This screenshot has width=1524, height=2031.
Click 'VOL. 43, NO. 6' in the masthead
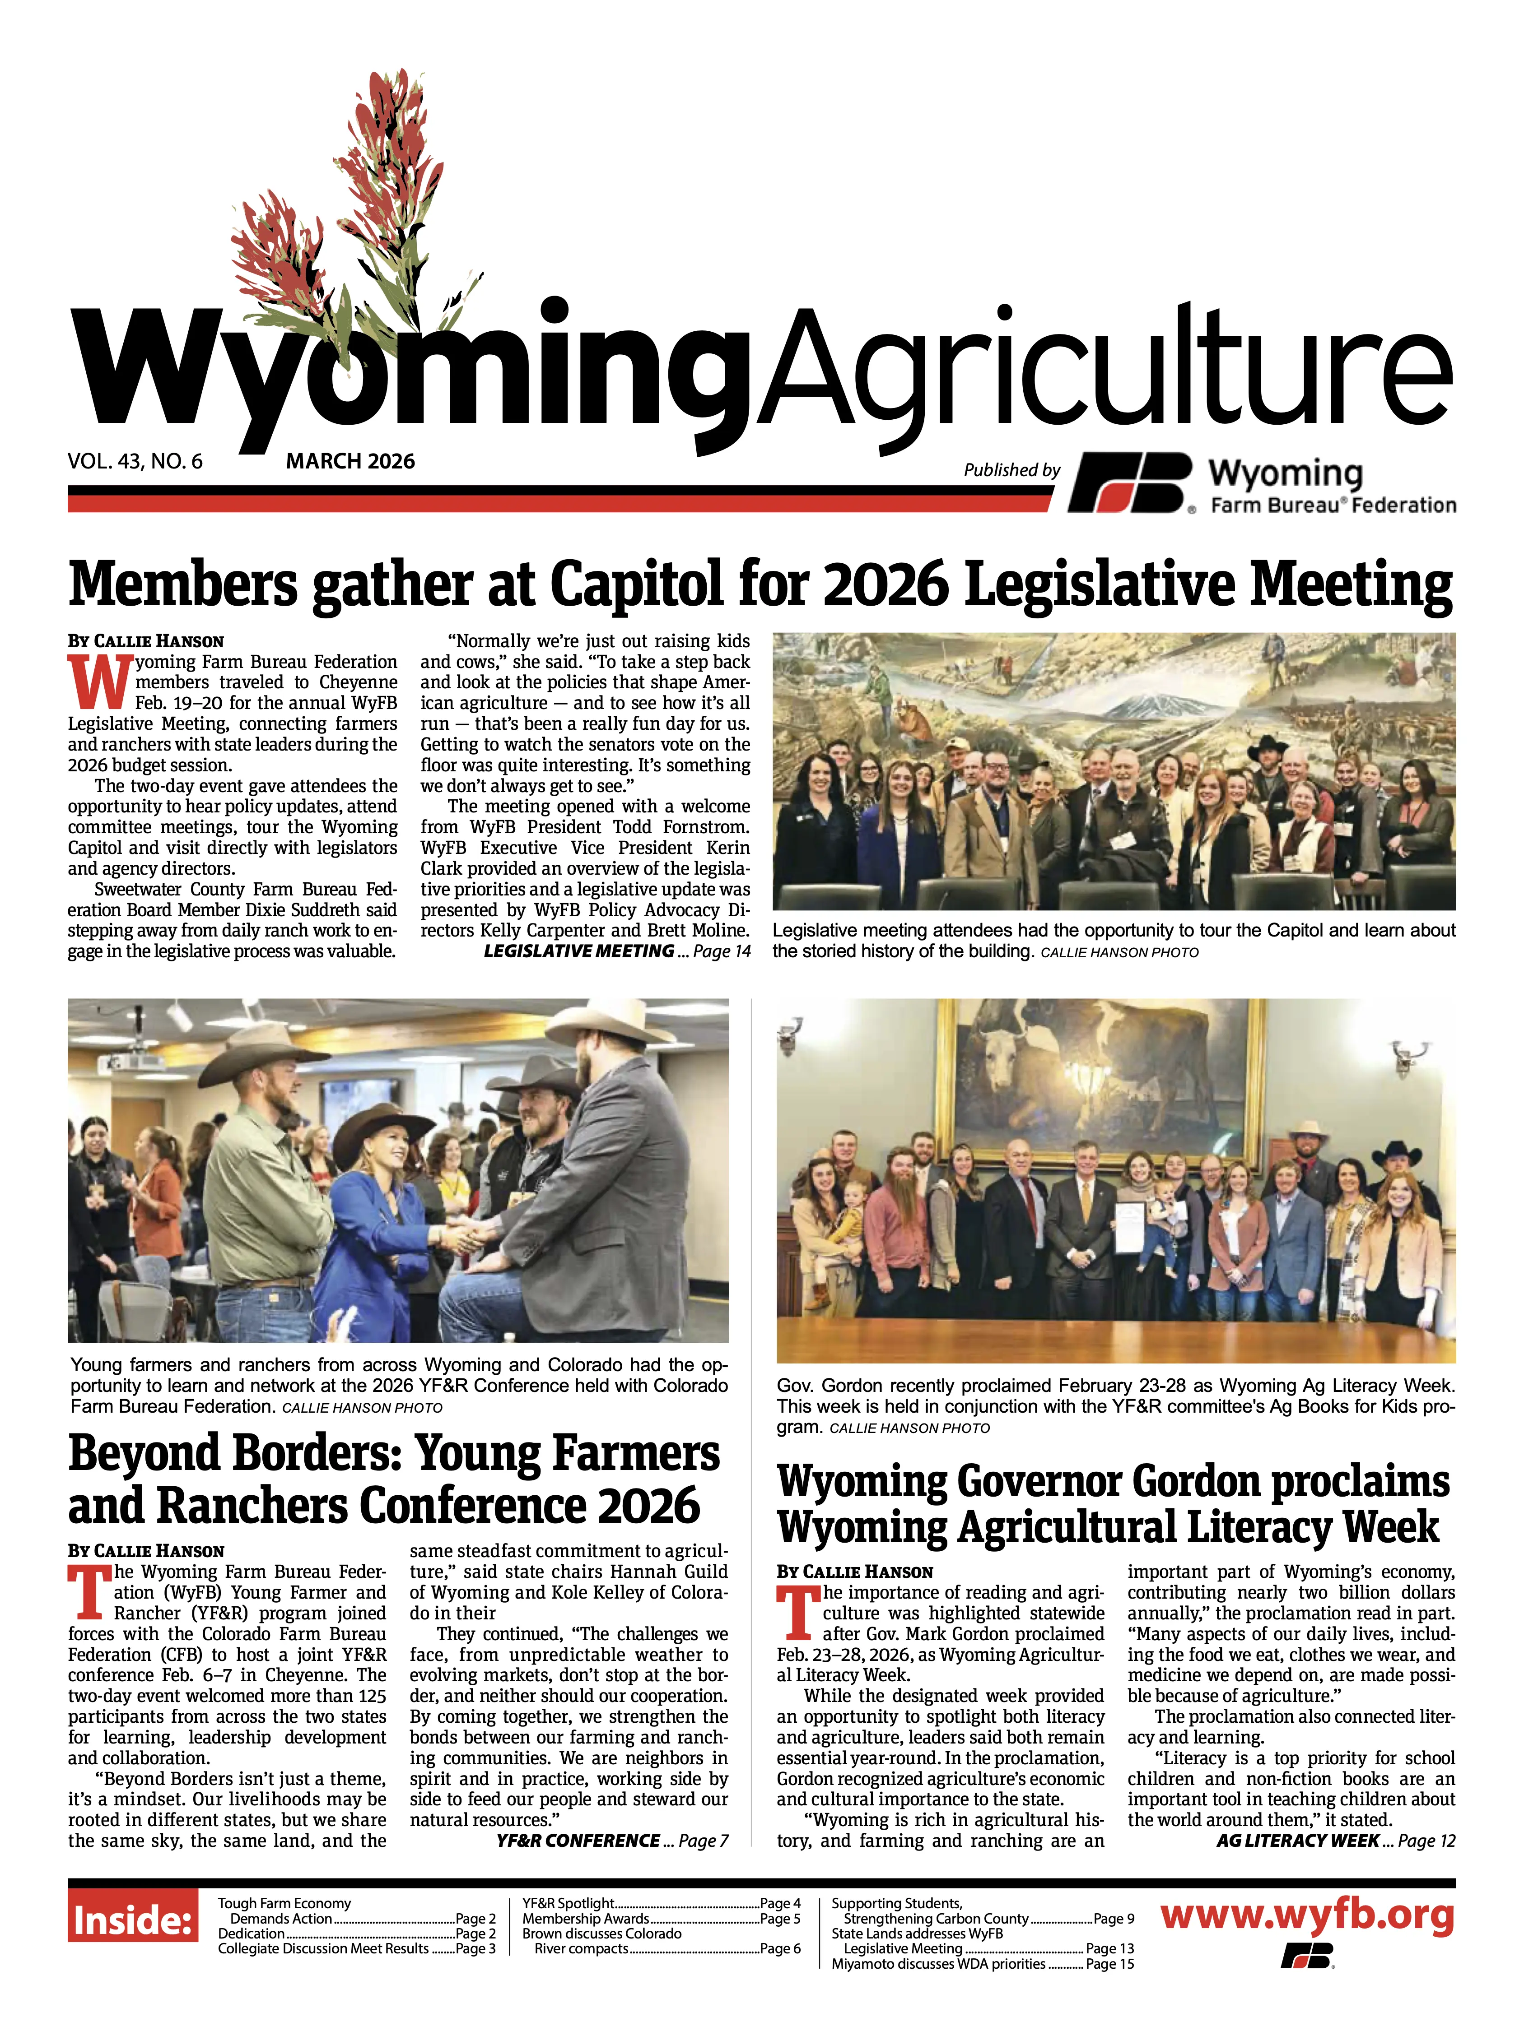(135, 461)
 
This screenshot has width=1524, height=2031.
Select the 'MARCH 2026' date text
(350, 461)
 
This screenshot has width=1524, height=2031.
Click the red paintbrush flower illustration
(358, 211)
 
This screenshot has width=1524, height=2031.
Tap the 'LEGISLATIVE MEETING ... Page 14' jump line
(616, 951)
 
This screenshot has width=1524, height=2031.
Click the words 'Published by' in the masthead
(1011, 470)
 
